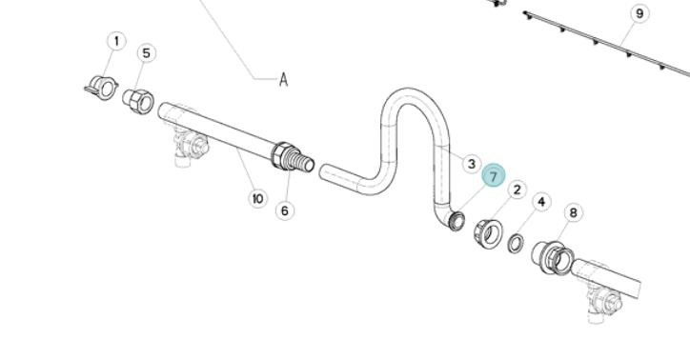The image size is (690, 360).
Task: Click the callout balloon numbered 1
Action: (116, 42)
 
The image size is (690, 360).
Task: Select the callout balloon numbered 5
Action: (147, 53)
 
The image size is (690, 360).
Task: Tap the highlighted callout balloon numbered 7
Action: (494, 176)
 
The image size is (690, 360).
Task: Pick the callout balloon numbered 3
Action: (472, 164)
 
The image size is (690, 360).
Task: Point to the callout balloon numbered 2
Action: (517, 190)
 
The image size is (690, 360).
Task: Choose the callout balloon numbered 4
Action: (541, 202)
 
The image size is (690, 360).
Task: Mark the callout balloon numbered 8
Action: (574, 212)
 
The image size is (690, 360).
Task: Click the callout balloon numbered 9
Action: (639, 13)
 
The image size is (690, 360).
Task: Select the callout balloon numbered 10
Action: (257, 199)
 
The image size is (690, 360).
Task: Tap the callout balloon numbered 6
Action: (285, 211)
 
